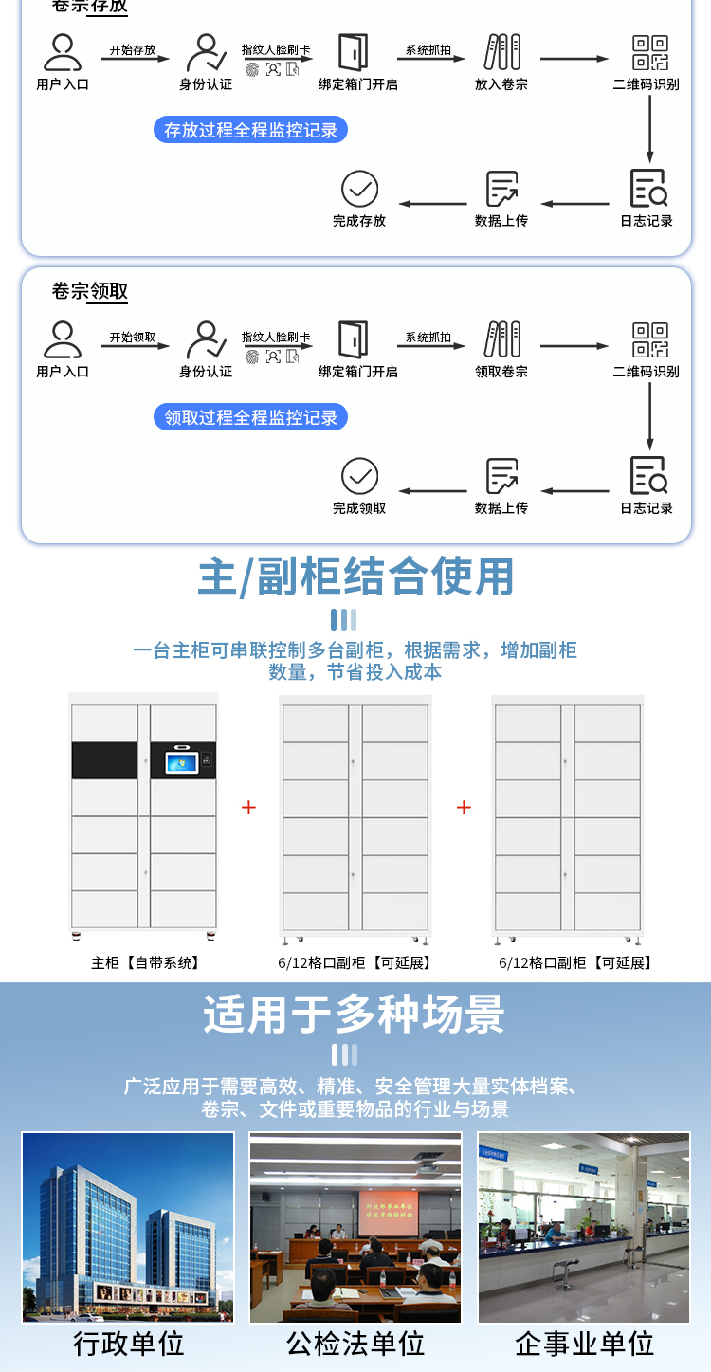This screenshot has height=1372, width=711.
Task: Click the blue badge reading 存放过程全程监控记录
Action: click(x=250, y=130)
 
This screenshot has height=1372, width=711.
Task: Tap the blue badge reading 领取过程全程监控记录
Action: click(x=250, y=417)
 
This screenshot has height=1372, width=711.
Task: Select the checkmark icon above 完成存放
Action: click(x=359, y=190)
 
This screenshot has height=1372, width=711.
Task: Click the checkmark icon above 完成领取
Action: click(x=359, y=476)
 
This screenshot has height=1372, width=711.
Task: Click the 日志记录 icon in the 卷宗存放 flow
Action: click(x=648, y=189)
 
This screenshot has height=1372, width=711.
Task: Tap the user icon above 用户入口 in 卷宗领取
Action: click(x=63, y=339)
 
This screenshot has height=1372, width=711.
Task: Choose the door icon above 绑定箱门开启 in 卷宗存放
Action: click(x=354, y=52)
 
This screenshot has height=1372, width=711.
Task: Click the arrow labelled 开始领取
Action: click(x=133, y=345)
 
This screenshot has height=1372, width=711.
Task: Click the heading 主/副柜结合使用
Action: click(x=355, y=576)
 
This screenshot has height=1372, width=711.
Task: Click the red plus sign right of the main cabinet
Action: click(x=248, y=807)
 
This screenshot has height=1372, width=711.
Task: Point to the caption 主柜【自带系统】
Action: click(x=146, y=962)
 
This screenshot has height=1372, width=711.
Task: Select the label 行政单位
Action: click(x=128, y=1344)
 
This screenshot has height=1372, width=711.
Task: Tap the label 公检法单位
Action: click(x=355, y=1344)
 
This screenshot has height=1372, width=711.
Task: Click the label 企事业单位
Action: click(x=584, y=1344)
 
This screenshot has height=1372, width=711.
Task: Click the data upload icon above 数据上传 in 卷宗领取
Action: click(x=501, y=476)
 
